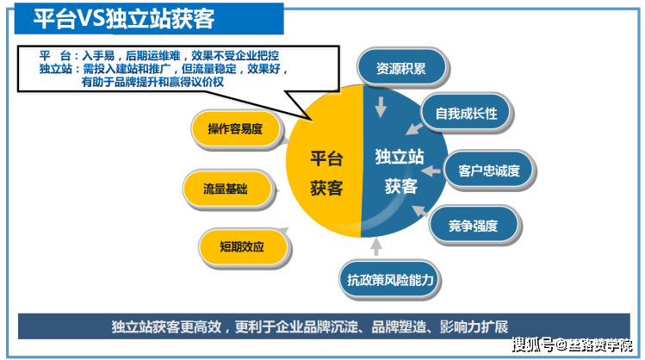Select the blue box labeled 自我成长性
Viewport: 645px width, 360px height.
click(466, 113)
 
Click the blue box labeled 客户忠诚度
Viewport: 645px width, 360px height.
click(489, 171)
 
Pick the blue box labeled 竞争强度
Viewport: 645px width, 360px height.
click(473, 226)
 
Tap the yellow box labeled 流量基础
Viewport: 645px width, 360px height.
click(226, 188)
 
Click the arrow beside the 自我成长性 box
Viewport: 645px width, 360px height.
click(414, 128)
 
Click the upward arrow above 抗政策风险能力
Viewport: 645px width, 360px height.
click(375, 247)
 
